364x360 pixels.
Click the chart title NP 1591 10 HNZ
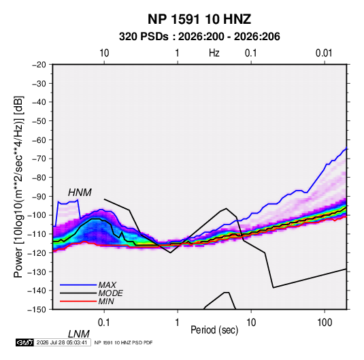coord(199,19)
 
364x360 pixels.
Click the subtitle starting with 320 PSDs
coord(199,37)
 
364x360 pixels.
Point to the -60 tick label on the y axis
coord(39,140)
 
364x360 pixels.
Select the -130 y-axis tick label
coord(37,272)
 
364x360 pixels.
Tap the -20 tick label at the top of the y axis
coord(39,65)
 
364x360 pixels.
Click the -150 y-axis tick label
coord(37,310)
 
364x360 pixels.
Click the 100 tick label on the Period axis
coord(325,323)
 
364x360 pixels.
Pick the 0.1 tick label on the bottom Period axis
coord(104,323)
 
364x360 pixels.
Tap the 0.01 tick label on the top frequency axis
coord(324,53)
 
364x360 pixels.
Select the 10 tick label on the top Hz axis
coord(104,53)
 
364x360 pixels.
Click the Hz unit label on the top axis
coord(214,53)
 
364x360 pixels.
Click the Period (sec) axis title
coord(214,330)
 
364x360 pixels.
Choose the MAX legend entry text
coord(107,285)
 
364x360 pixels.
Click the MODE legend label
coord(110,293)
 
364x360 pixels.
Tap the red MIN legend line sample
coord(78,301)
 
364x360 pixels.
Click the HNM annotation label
coord(80,193)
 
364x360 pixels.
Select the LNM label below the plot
coord(78,334)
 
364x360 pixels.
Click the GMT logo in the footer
coord(24,342)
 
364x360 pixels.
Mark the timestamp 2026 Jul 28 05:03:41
coord(62,342)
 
